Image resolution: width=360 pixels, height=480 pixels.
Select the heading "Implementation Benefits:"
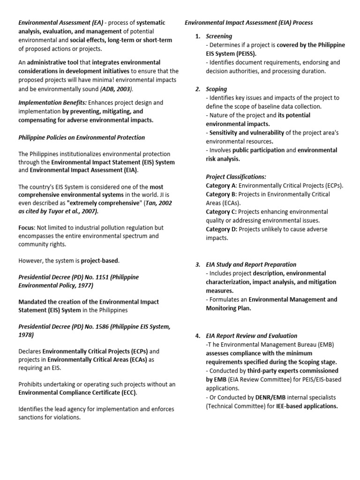[52, 103]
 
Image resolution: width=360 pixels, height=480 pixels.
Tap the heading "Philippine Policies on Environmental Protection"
[82, 137]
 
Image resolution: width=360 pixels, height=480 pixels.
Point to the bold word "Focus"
[26, 227]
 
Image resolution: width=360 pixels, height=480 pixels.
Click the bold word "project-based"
[100, 260]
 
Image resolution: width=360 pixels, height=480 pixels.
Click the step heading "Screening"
[219, 36]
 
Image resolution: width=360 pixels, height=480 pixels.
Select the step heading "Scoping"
[217, 89]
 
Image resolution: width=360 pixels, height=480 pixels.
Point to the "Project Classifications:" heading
[236, 177]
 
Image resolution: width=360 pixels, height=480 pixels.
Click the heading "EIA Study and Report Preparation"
[251, 264]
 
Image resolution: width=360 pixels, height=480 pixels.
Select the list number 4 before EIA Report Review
[197, 336]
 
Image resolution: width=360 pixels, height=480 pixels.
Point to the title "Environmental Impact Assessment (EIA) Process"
[249, 22]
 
